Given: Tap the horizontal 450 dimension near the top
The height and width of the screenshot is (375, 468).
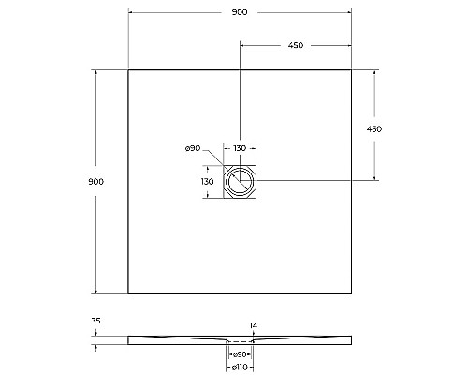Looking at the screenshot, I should [295, 45].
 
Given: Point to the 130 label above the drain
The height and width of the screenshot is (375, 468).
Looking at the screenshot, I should [240, 149].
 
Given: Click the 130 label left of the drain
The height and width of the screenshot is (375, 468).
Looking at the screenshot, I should [208, 180].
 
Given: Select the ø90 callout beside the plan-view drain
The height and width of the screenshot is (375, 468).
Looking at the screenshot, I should [194, 148].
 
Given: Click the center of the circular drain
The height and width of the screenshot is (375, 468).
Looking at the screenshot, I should [240, 181].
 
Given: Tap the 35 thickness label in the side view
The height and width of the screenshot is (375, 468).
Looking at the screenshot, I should [95, 322].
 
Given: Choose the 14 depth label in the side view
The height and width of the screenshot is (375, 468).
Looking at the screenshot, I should [253, 326].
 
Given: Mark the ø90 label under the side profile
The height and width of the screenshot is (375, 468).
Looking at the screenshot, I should [241, 353].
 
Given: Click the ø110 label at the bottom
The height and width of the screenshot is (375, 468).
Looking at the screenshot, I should [241, 367].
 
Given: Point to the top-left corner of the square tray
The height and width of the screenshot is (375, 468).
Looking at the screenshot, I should [128, 69].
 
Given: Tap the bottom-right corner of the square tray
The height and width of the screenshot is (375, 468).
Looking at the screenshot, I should [352, 293].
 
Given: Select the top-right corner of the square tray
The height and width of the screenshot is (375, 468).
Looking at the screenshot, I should [352, 69].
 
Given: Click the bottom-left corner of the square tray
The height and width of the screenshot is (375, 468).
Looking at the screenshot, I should [128, 293].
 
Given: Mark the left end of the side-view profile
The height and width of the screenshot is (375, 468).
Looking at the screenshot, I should [129, 339].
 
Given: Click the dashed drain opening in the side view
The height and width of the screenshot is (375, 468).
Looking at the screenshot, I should [241, 340].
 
